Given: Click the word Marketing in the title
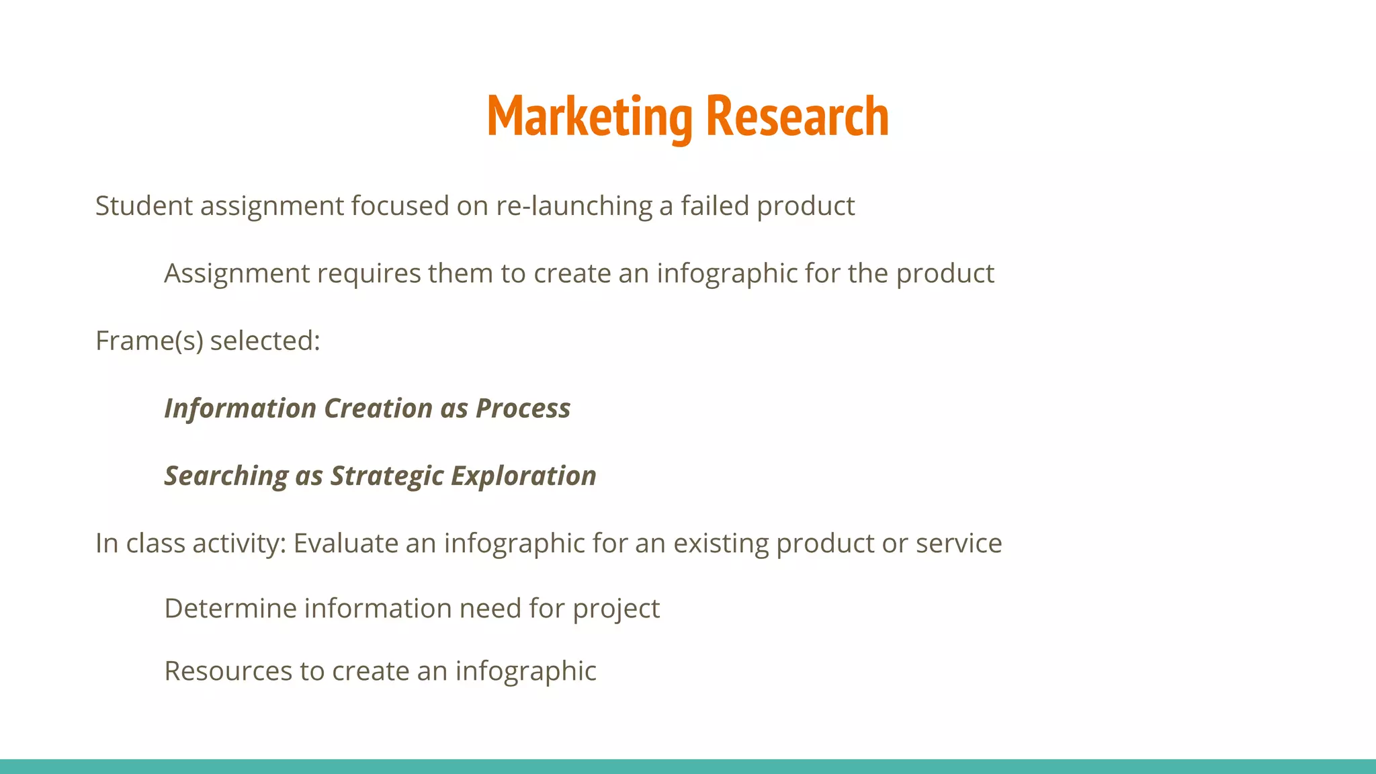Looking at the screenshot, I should (589, 118).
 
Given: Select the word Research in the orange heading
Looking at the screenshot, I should (798, 118).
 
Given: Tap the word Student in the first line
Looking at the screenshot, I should (144, 206).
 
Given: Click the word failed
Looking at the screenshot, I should (714, 206).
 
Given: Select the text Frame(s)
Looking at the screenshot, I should (149, 341).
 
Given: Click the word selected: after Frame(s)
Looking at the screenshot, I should (265, 341).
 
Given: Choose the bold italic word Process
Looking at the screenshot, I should (523, 408).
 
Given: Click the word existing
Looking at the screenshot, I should (720, 543).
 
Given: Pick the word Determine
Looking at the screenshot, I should (230, 609).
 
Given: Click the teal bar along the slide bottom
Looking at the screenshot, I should (688, 767).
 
